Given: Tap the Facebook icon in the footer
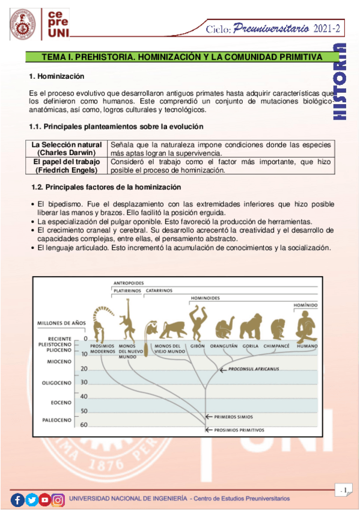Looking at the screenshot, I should pos(18,499).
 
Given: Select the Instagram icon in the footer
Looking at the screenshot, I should pos(58,499).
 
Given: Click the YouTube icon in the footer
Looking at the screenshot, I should pos(45,499).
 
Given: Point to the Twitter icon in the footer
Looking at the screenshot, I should pos(31,499).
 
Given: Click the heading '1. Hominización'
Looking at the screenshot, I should pos(56,77).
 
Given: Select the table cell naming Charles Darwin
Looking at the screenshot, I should pos(67,149).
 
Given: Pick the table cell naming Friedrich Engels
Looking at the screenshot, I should pos(67,166).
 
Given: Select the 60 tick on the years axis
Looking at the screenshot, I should pos(84,425).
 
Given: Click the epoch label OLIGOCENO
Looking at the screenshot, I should pos(56,382).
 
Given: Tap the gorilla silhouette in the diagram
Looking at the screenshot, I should pos(251,327).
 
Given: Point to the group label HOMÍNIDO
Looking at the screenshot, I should pos(305,306).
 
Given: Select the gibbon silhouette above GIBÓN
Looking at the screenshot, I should pos(197,323).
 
